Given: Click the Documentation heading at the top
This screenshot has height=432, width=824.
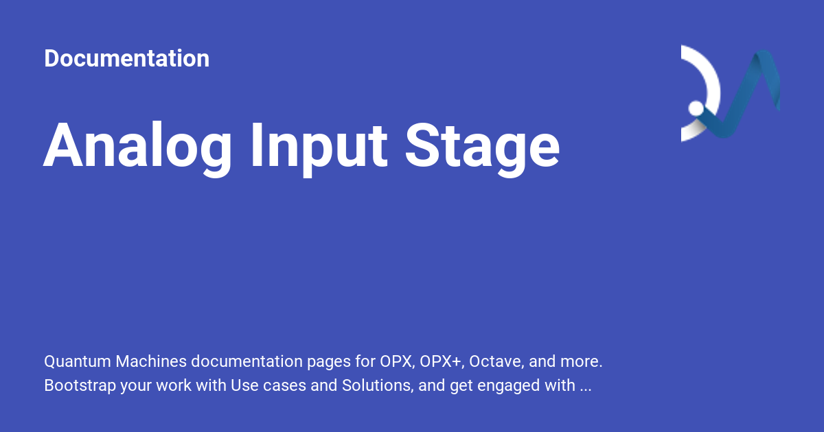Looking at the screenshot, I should [126, 58].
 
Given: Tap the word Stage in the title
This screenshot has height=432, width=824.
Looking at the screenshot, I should [482, 146].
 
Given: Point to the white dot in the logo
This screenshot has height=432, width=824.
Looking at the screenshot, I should [696, 108].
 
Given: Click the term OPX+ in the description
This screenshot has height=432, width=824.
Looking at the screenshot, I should [440, 361].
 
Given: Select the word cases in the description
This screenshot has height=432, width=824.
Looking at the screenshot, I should [286, 385].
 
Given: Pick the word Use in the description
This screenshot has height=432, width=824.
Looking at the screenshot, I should [244, 385].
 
